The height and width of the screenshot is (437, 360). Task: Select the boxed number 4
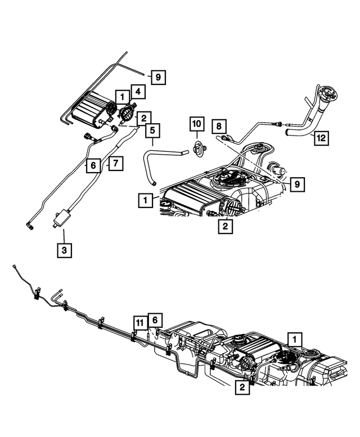tap(137, 91)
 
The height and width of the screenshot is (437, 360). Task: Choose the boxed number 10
tap(196, 124)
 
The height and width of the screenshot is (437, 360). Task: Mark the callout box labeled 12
tap(320, 137)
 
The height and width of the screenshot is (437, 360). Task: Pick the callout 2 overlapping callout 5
tap(144, 118)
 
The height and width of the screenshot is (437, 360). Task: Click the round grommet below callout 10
tap(197, 150)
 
